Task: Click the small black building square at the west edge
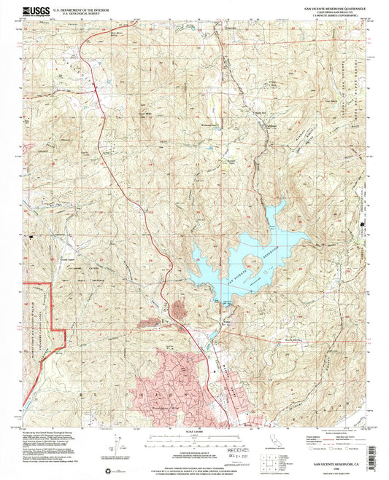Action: point(31,237)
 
